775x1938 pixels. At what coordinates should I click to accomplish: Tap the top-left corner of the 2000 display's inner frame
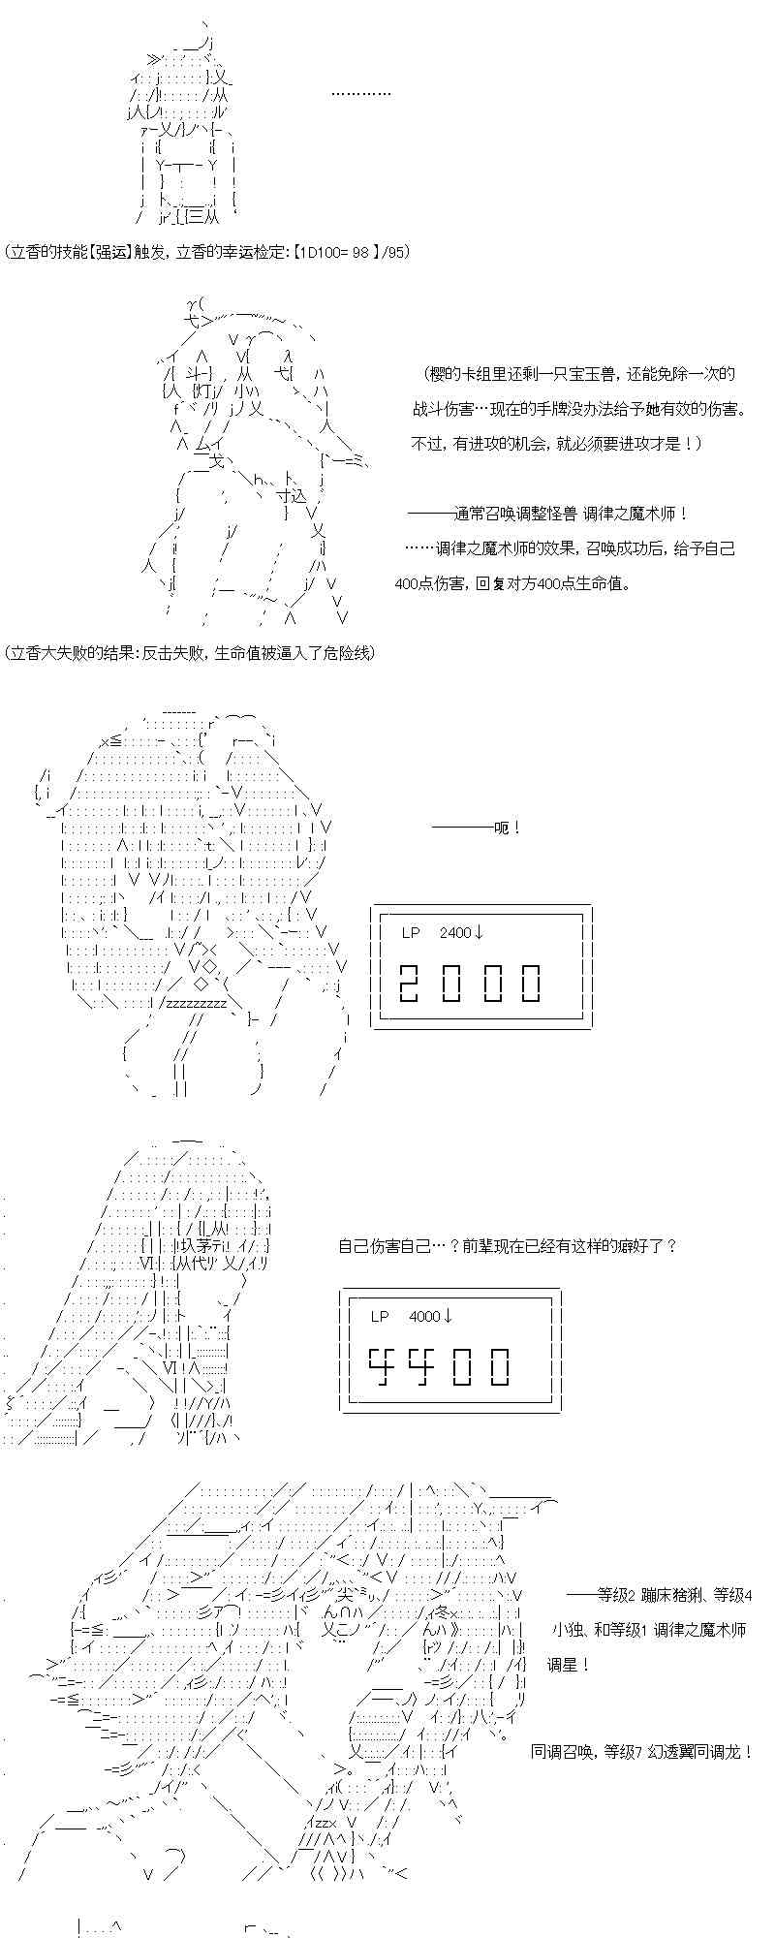[380, 914]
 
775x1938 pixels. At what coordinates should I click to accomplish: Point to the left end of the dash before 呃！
[432, 828]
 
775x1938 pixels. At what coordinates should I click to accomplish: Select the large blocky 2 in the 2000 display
[410, 983]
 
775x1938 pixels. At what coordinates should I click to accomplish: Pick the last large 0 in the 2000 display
[531, 983]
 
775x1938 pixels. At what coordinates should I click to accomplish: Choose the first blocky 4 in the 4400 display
[380, 1366]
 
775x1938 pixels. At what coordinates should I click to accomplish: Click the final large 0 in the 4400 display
[500, 1366]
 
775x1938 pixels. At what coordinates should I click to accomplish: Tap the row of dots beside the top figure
[361, 94]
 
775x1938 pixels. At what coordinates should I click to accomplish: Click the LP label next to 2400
[411, 933]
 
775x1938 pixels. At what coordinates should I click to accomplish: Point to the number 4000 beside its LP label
[424, 1317]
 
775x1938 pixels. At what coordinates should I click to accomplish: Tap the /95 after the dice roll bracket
[396, 253]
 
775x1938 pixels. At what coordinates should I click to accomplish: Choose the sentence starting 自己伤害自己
[508, 1245]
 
